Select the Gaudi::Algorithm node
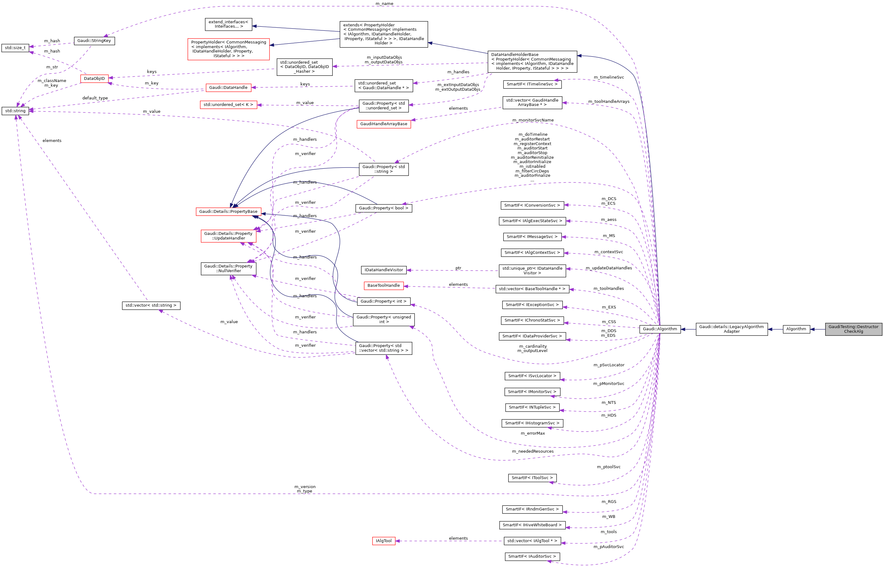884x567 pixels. click(660, 329)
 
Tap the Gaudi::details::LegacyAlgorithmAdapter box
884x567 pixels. click(731, 329)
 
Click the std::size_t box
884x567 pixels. click(15, 48)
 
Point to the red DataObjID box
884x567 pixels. click(94, 78)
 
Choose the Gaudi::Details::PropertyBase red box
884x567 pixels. click(228, 211)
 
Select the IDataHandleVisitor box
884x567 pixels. click(384, 270)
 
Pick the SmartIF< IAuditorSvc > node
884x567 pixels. click(532, 556)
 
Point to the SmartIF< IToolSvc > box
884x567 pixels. click(532, 478)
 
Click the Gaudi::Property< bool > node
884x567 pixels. click(384, 208)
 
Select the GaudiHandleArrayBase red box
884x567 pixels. click(384, 124)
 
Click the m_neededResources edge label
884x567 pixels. click(532, 451)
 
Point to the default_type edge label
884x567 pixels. click(95, 98)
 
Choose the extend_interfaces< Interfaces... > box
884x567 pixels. click(229, 24)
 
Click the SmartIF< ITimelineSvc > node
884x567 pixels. click(532, 84)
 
